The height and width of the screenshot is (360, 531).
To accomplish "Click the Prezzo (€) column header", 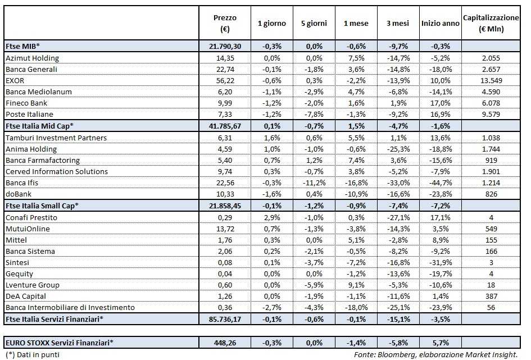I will point(224,24).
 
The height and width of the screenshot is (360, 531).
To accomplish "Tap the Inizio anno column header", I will point(440,24).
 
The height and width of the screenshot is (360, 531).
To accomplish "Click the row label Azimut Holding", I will point(32,58).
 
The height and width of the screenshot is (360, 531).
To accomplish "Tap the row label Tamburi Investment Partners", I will point(56,138).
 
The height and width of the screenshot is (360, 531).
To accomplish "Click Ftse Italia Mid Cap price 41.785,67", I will point(224,126).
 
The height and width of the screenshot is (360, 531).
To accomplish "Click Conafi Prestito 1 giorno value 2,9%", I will point(272,217).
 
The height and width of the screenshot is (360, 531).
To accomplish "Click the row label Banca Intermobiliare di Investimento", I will point(70,307).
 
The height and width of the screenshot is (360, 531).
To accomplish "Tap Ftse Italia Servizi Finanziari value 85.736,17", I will point(224,319).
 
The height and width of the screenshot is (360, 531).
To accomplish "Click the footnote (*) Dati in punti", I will point(31,354).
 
